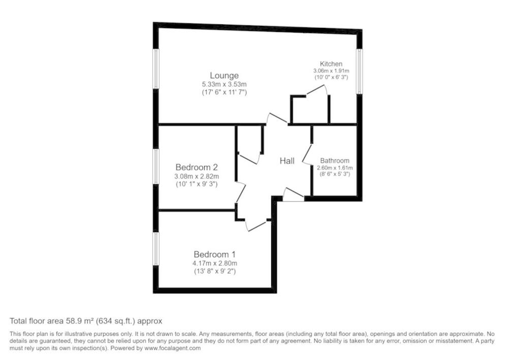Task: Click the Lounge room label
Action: (224, 76)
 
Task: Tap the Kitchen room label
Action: (331, 64)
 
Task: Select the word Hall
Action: (287, 161)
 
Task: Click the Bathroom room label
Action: (335, 160)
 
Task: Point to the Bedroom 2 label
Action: (197, 167)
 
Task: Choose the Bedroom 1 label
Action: (215, 254)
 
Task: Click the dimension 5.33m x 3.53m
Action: (224, 84)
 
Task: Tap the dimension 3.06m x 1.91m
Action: (331, 71)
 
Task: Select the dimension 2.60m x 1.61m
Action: (335, 168)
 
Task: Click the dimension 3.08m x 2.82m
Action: (197, 176)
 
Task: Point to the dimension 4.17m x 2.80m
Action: (215, 264)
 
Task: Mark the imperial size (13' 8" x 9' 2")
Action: (215, 271)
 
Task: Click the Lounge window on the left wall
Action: (156, 69)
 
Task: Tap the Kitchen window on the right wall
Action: (360, 71)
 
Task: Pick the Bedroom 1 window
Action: (156, 248)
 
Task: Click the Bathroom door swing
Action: (307, 154)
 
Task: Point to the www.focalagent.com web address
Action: (173, 348)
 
